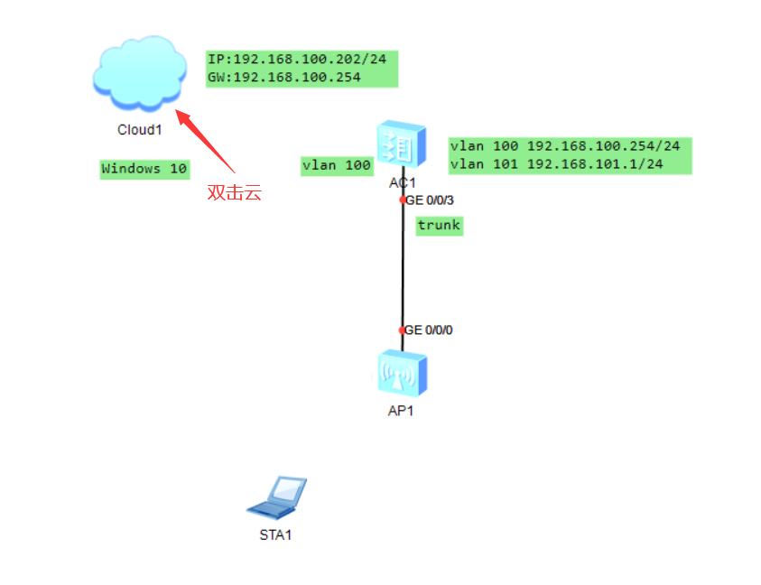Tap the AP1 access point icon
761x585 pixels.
402,373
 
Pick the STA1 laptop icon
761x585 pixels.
277,497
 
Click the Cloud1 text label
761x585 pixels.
139,129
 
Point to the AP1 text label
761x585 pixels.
402,411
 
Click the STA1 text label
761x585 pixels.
276,534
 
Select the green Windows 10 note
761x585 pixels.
144,169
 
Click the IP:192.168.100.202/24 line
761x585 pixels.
297,60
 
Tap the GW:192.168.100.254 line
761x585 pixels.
284,78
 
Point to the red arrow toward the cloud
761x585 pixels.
205,140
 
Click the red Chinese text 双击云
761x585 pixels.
234,192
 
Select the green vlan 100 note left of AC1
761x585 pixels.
337,165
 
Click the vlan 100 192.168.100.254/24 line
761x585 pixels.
565,146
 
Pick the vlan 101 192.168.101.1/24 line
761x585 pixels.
557,163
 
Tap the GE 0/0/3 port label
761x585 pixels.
429,200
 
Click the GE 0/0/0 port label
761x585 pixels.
429,330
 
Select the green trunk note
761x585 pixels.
439,226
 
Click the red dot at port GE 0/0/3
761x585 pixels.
403,200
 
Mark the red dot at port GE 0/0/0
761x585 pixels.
403,330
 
